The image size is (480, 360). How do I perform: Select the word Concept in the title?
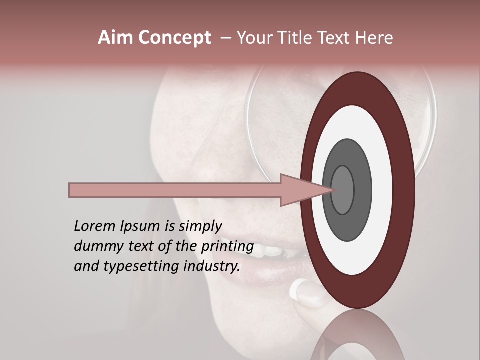174,38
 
